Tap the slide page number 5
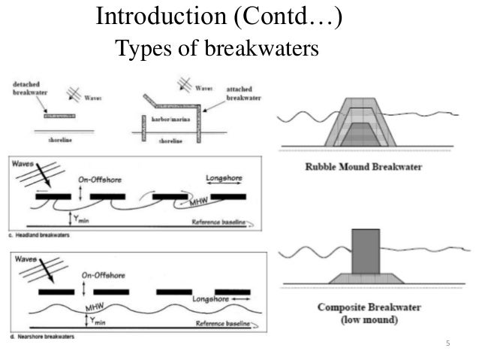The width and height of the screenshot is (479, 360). coord(448,344)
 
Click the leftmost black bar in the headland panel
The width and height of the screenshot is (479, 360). coord(54,196)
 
